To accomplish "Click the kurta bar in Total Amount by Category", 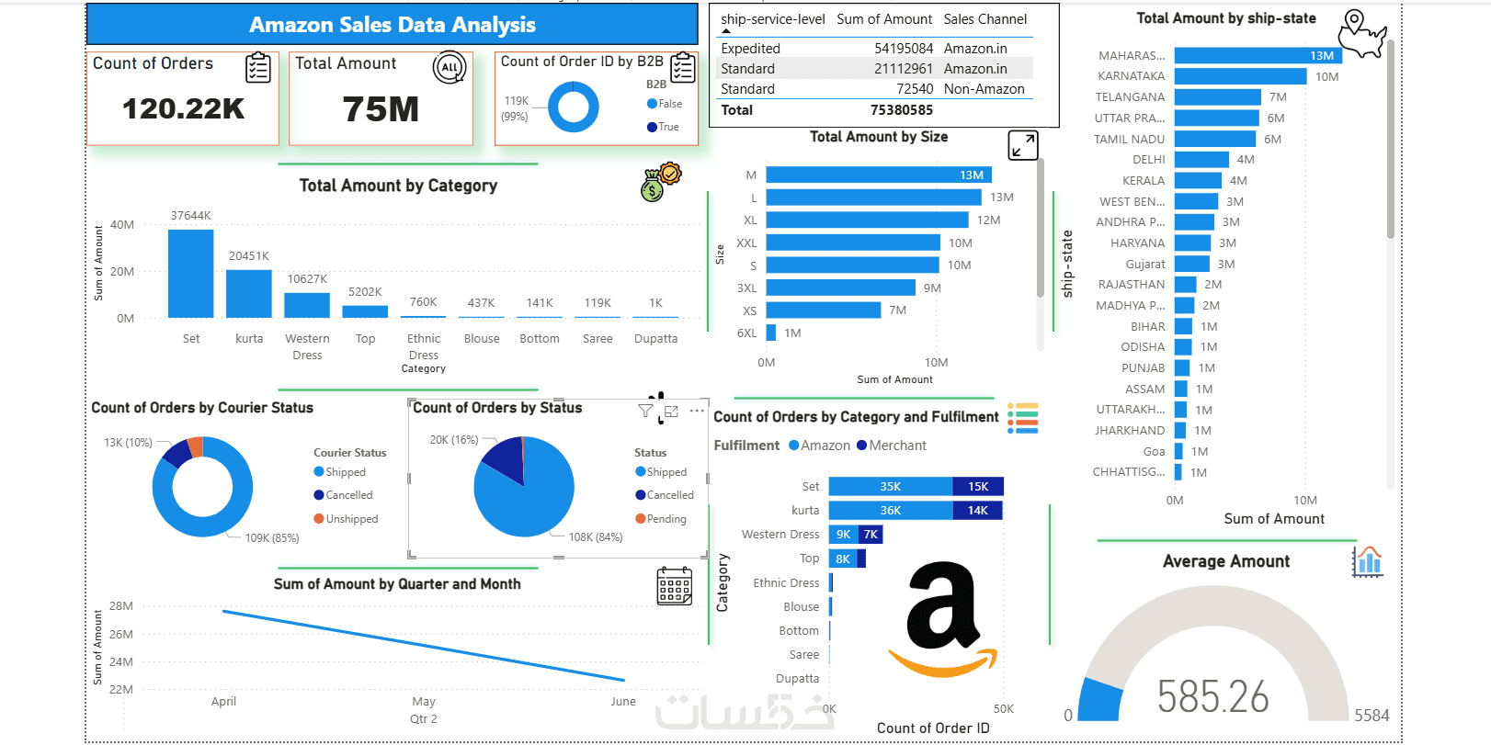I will (249, 294).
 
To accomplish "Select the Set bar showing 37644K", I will (191, 274).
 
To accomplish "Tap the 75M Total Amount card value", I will (381, 109).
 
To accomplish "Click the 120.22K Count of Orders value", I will (184, 109).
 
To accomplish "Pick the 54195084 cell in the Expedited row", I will (903, 49).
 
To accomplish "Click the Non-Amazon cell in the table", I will (984, 89).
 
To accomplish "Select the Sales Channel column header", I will (985, 19).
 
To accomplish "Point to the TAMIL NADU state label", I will (1129, 140).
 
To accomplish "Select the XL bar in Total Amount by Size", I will (867, 220).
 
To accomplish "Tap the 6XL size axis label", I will (746, 333).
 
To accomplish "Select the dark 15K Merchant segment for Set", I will (977, 487).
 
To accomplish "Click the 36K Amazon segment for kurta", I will (890, 511).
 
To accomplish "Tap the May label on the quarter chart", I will (424, 702).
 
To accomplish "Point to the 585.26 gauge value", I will (1212, 697).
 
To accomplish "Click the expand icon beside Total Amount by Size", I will (1023, 145).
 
